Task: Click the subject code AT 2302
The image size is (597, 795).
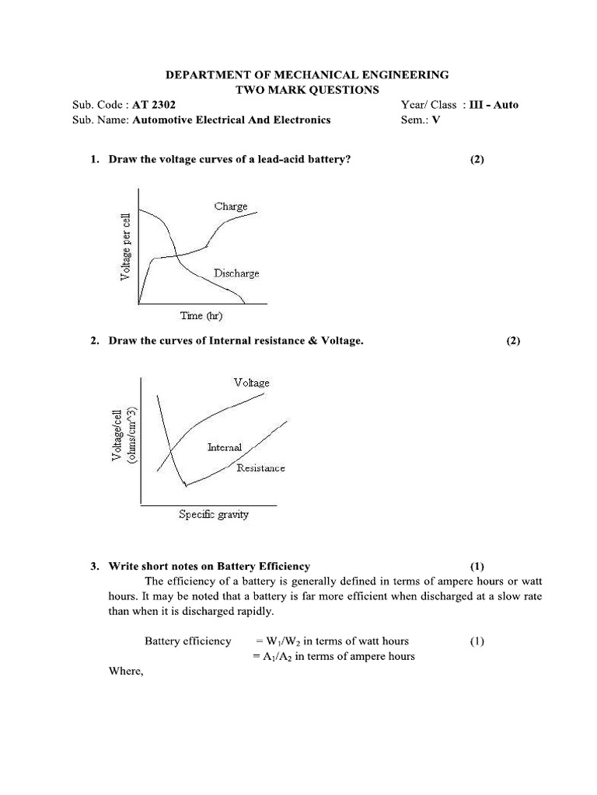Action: (x=159, y=105)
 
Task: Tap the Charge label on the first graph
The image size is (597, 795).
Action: (x=231, y=207)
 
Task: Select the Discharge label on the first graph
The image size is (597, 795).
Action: (x=236, y=273)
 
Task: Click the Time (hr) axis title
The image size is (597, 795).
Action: (x=202, y=315)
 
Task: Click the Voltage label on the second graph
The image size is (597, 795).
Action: (x=251, y=383)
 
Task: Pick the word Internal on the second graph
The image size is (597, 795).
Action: (x=225, y=447)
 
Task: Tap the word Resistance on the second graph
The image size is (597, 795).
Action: (x=260, y=467)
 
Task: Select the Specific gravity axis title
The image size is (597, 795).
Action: (x=214, y=514)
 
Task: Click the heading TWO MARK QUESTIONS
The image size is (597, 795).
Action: (x=307, y=90)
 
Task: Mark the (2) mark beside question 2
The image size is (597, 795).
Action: (x=513, y=341)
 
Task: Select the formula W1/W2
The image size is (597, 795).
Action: (x=285, y=641)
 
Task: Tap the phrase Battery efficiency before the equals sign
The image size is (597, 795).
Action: (x=188, y=641)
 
